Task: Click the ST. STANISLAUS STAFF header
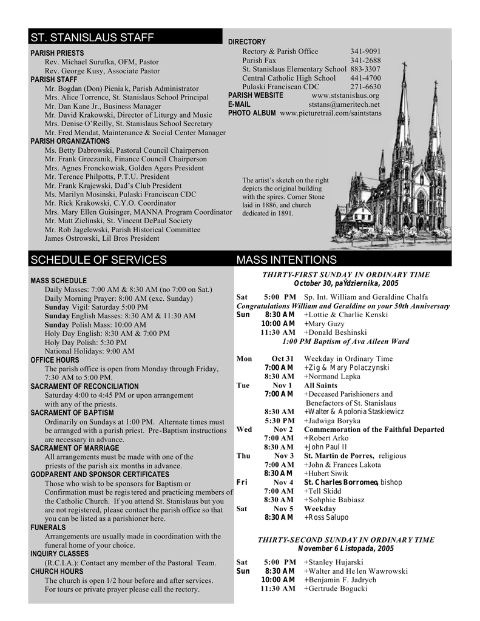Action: tap(92, 38)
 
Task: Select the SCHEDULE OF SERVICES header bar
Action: tap(98, 260)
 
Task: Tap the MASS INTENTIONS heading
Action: tap(286, 260)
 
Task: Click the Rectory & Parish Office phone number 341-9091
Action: tap(365, 52)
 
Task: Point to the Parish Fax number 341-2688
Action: tap(365, 61)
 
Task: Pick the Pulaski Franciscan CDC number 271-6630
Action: tap(365, 87)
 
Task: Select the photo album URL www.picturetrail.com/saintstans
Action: tap(331, 113)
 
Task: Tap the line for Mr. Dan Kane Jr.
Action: tap(103, 106)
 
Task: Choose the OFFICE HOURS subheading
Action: tap(55, 360)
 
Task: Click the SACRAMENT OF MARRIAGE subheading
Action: tap(75, 448)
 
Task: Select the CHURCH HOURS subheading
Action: tap(57, 571)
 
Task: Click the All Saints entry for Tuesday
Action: tap(320, 386)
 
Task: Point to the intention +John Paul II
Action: tap(325, 447)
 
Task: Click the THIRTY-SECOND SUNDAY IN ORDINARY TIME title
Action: tap(346, 540)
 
